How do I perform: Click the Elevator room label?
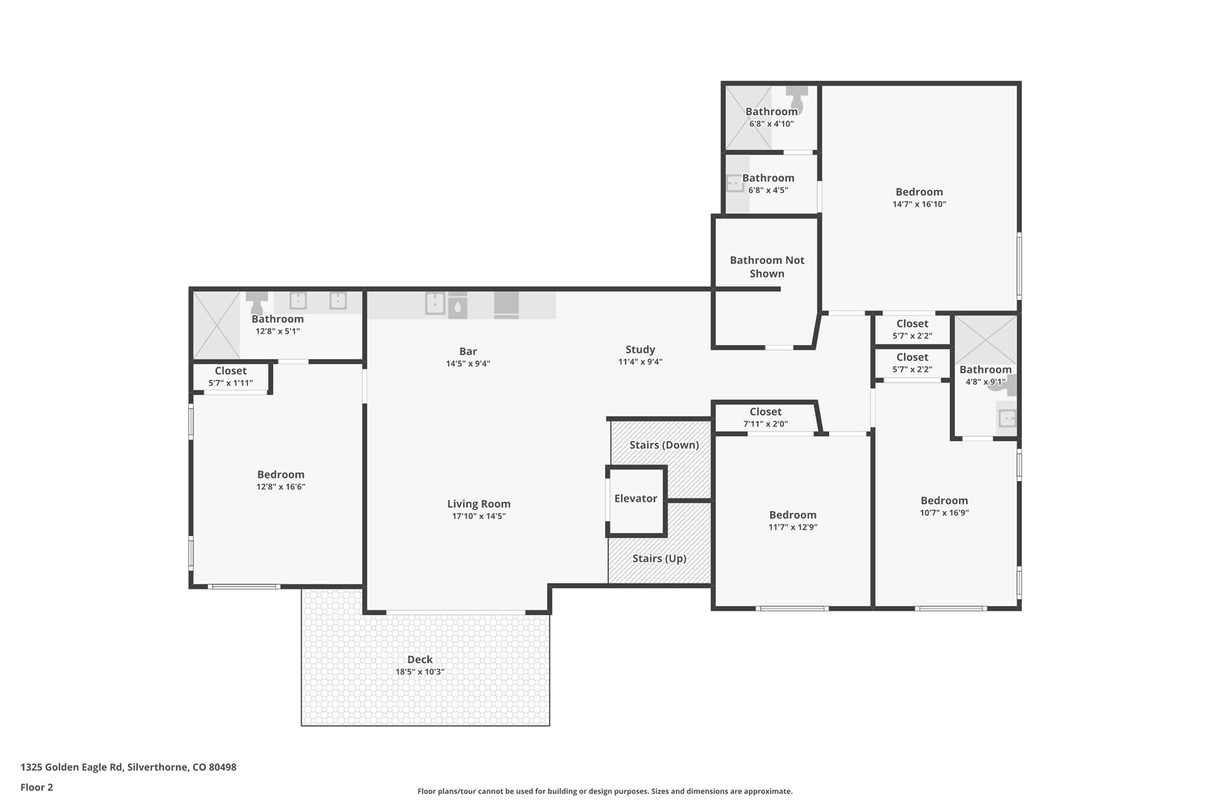coord(635,499)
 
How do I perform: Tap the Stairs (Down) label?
coord(664,445)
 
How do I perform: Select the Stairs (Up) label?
coord(659,559)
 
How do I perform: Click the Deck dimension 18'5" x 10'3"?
coord(420,672)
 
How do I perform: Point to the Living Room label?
coord(478,504)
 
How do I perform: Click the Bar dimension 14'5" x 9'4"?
coord(468,364)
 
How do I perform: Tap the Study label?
coord(640,350)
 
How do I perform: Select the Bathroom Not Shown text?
coord(766,267)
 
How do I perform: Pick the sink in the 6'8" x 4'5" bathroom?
coord(734,184)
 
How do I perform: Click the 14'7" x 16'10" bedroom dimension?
coord(919,204)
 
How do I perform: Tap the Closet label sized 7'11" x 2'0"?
coord(765,412)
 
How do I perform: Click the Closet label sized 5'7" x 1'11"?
coord(230,371)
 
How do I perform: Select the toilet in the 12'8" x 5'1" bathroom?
coord(257,300)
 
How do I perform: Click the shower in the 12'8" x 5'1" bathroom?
coord(217,325)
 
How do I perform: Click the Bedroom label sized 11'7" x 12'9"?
coord(792,515)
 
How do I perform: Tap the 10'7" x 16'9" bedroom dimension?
coord(944,513)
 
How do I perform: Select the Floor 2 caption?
coord(36,788)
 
